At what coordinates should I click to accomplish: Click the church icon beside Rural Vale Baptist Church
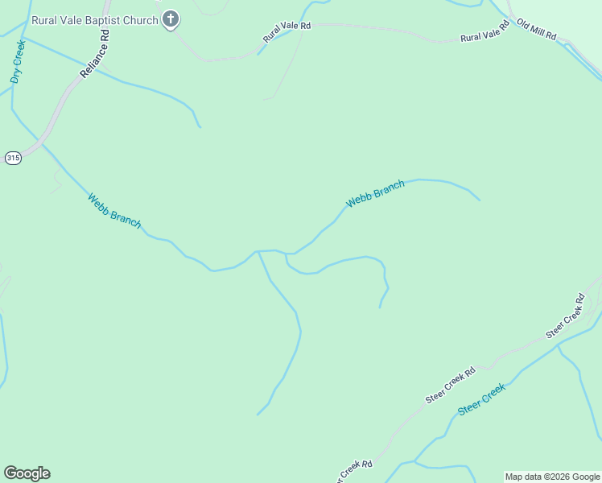pyautogui.click(x=170, y=19)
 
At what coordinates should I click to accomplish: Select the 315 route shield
pyautogui.click(x=12, y=158)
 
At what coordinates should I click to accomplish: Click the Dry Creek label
pyautogui.click(x=18, y=62)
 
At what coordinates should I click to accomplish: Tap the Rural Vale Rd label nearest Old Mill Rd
pyautogui.click(x=485, y=32)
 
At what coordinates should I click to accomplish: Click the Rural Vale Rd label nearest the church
pyautogui.click(x=287, y=32)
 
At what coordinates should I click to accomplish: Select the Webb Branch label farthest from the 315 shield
pyautogui.click(x=375, y=193)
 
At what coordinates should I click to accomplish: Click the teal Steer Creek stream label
pyautogui.click(x=481, y=399)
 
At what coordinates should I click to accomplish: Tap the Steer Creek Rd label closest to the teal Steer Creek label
pyautogui.click(x=451, y=386)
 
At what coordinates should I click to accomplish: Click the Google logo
pyautogui.click(x=27, y=473)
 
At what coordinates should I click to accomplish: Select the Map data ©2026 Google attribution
pyautogui.click(x=553, y=477)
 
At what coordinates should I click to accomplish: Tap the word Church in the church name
pyautogui.click(x=142, y=19)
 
